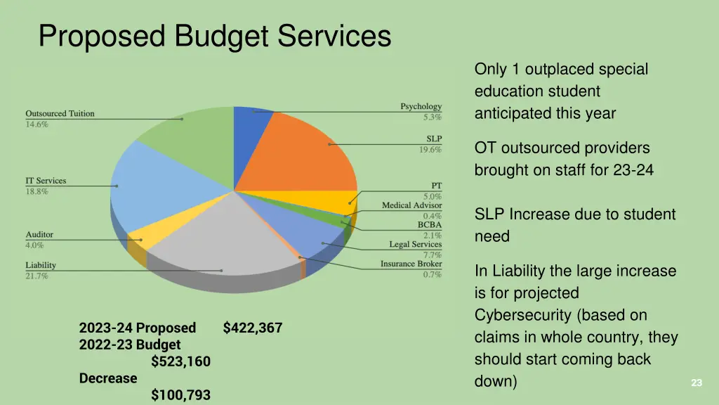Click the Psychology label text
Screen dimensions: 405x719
point(421,107)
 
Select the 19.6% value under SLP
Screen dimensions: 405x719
point(432,149)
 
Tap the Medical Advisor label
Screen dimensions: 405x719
point(411,205)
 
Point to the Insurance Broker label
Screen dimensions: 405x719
point(411,264)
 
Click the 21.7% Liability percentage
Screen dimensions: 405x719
point(37,276)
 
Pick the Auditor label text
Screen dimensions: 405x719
point(39,235)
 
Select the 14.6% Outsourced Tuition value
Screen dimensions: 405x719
point(37,124)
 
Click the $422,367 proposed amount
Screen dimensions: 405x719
point(253,328)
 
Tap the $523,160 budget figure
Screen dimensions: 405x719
point(180,361)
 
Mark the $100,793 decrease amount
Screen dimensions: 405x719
point(180,395)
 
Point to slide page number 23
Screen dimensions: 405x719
point(697,383)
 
